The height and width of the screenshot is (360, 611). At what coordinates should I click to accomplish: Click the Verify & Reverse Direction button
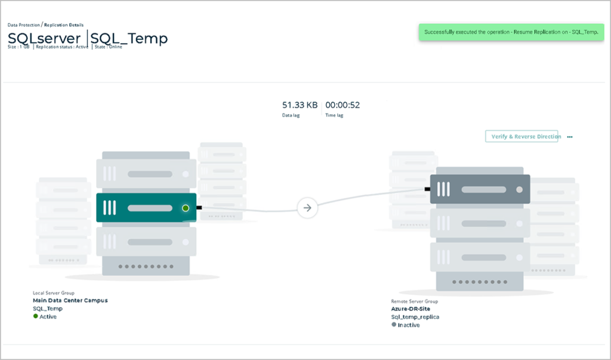521,137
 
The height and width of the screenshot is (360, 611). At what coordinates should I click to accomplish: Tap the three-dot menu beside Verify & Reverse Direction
570,137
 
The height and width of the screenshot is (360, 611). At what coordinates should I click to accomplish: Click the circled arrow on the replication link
307,208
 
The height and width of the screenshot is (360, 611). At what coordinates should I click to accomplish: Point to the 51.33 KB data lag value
300,105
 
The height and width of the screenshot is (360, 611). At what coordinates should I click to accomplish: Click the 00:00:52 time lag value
342,105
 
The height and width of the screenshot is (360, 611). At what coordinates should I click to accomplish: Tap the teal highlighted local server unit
146,208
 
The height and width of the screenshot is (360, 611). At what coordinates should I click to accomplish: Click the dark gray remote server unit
479,189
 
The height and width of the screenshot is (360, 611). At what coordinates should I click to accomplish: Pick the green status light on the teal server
186,208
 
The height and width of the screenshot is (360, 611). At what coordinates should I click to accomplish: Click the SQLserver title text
44,39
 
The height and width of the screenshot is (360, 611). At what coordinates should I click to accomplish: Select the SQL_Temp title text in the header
129,39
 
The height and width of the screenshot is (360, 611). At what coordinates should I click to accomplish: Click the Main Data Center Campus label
70,300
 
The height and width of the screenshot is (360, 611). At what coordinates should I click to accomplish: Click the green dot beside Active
35,316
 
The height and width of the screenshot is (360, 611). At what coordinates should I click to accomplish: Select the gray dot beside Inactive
393,325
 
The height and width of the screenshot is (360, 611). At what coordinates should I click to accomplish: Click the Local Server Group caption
54,293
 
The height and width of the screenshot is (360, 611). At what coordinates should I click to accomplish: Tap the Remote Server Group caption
414,301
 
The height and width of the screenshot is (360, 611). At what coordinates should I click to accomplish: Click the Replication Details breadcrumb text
64,25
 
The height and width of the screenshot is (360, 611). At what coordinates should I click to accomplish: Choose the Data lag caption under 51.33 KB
291,115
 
